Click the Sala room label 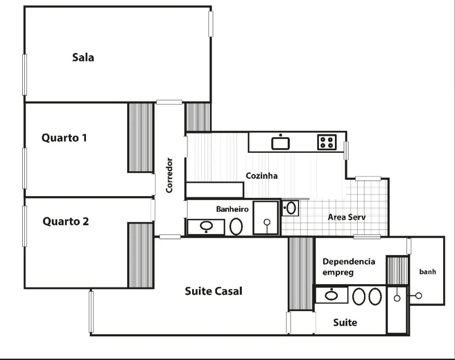pos(83,57)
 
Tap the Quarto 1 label pos(64,138)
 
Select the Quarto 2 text pos(66,221)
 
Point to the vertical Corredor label pos(169,175)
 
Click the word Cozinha pos(262,176)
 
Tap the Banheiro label pos(232,209)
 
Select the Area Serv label pos(346,217)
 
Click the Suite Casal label pos(213,291)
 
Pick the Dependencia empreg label pos(349,267)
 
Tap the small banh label pos(428,272)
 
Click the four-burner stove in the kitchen pos(327,142)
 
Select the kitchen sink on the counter pos(280,143)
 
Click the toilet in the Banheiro pos(236,227)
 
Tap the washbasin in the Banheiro pos(206,227)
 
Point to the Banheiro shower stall pos(266,218)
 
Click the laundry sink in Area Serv pos(290,208)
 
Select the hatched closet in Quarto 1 pos(140,138)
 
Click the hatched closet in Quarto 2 pos(140,255)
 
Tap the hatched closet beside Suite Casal pos(301,274)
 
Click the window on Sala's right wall pos(211,24)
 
